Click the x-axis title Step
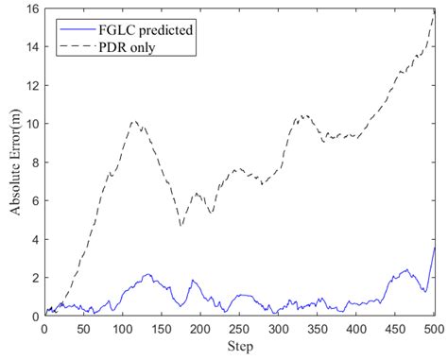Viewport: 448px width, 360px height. click(239, 349)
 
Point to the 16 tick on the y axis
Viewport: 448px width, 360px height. click(31, 9)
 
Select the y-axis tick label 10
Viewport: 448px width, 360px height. click(31, 124)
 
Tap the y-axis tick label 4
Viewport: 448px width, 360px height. click(34, 240)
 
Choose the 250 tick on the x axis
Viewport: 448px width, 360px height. click(239, 330)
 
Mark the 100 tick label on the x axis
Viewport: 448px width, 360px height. click(122, 330)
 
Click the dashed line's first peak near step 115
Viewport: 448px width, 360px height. click(133, 121)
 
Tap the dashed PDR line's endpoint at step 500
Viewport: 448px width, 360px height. click(434, 11)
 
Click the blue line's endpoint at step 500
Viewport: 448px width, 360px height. click(434, 248)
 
